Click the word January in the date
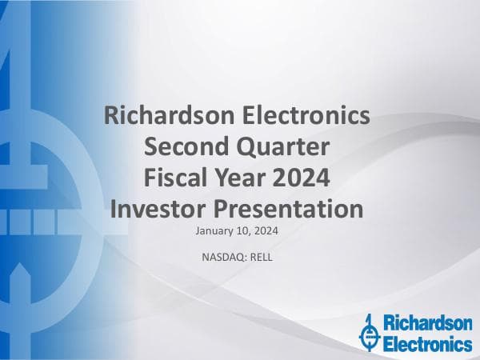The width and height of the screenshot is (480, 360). pos(214,231)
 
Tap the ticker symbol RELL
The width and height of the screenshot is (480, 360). pos(260,257)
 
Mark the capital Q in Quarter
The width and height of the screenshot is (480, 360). pos(238,148)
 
